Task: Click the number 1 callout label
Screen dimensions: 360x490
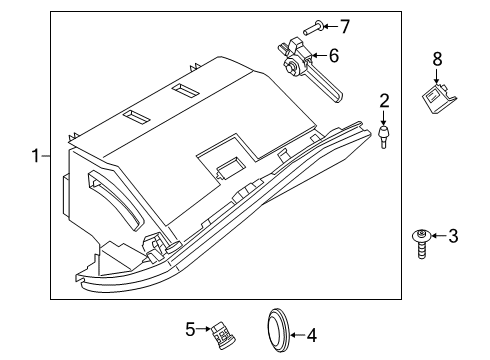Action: [x=35, y=156]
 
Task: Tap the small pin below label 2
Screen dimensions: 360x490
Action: [x=383, y=135]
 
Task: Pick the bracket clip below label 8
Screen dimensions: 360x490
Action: [x=437, y=99]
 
